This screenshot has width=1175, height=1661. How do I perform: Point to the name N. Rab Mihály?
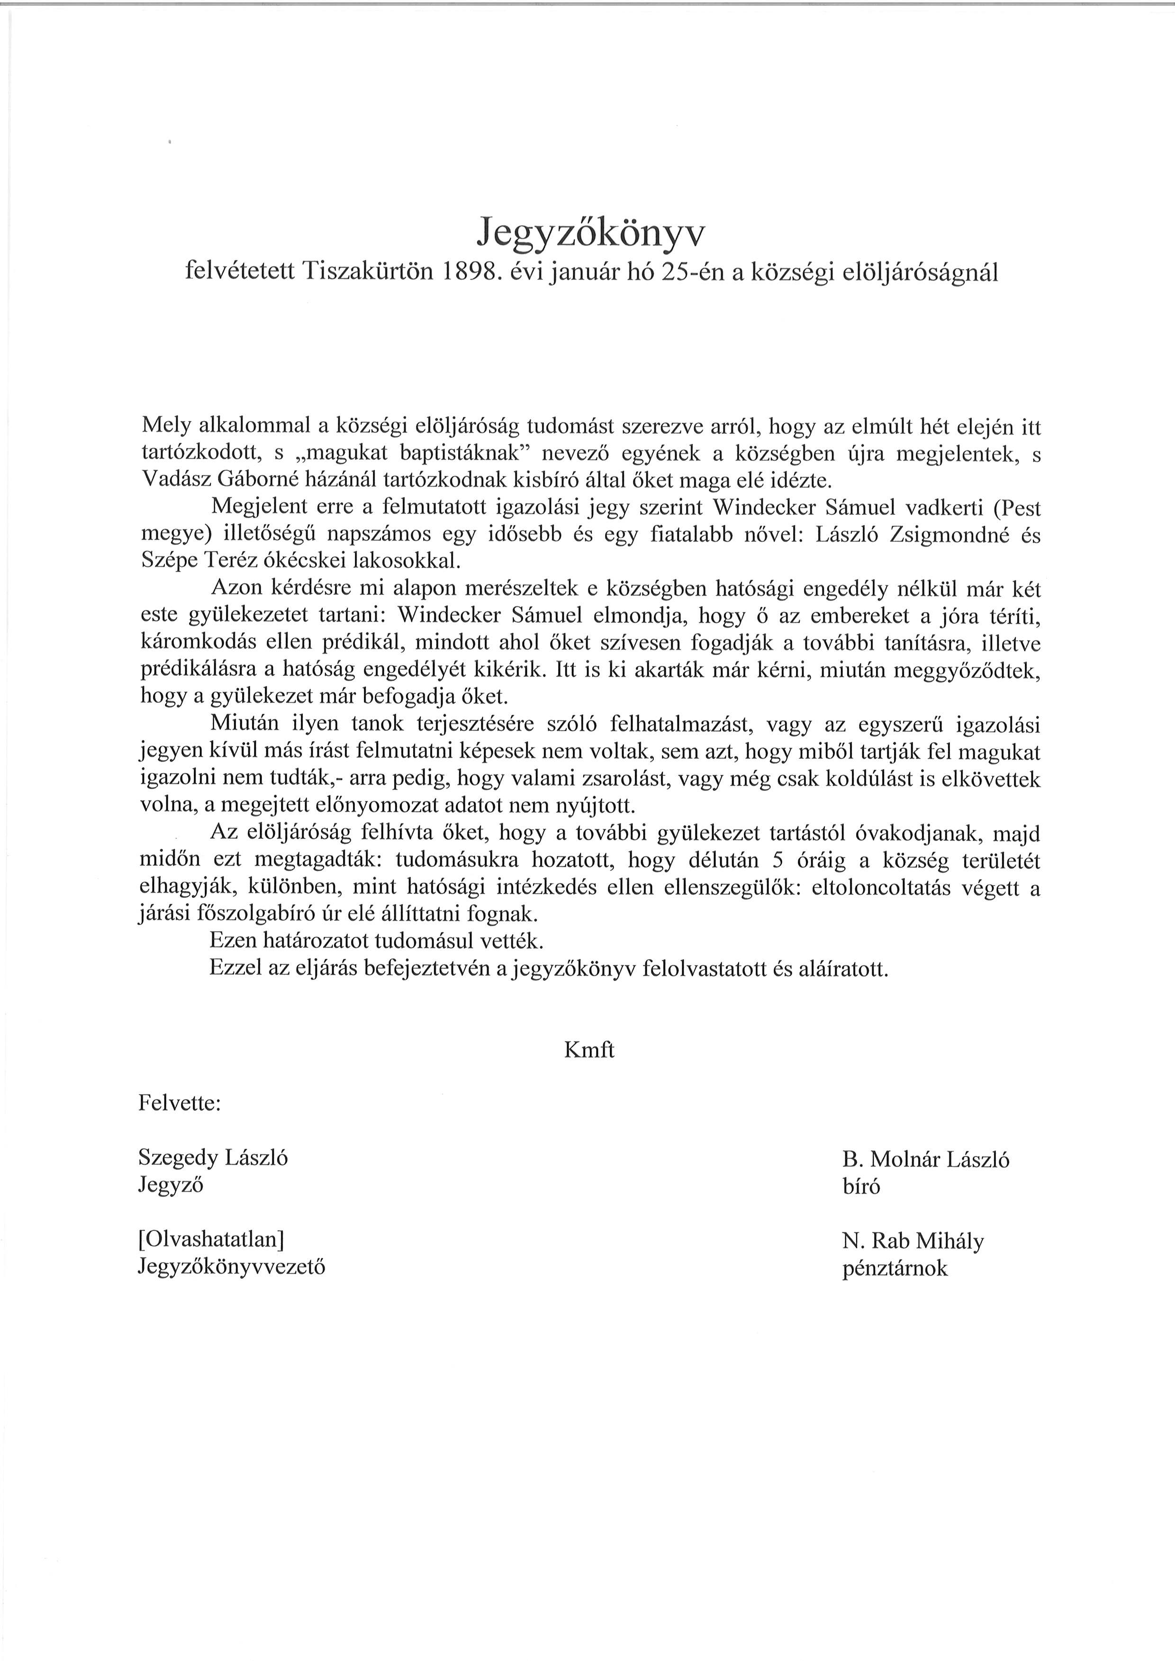(x=913, y=1241)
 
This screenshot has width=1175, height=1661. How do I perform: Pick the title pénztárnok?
(x=894, y=1268)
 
